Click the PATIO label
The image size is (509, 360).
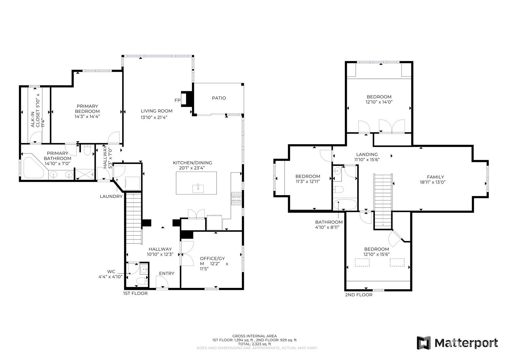point(219,98)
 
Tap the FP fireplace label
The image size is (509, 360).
point(177,100)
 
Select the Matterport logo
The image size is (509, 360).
point(457,343)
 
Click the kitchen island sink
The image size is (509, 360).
point(198,189)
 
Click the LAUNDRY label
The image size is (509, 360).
point(111,196)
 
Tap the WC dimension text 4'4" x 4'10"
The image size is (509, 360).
point(110,277)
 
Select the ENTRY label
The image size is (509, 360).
point(167,273)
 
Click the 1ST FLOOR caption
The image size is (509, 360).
point(135,294)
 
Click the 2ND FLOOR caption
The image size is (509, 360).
point(359,295)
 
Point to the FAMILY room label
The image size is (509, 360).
point(435,177)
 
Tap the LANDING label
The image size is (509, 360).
point(367,154)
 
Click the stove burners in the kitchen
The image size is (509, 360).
point(236,199)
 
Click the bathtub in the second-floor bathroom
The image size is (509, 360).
point(345,204)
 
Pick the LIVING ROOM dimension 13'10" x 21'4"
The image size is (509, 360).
point(154,117)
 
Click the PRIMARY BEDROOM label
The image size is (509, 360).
point(87,109)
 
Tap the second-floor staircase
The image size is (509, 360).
point(383,201)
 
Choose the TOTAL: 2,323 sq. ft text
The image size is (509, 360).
point(255,344)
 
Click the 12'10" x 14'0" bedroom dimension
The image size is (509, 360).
point(379,102)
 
